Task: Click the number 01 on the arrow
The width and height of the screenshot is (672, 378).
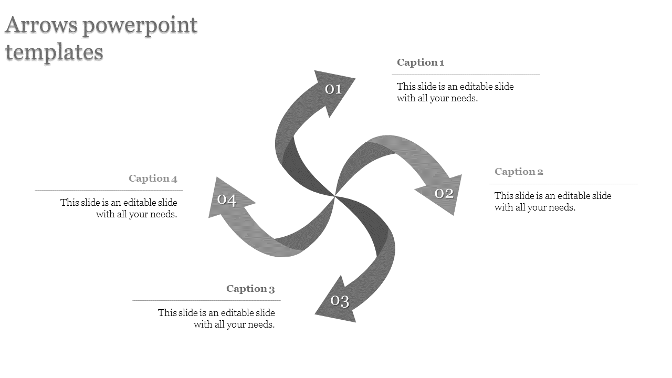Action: (333, 89)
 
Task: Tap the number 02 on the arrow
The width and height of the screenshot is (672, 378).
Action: (444, 194)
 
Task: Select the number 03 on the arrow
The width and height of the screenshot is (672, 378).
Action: (340, 301)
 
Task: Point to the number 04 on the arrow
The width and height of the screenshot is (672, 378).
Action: (227, 200)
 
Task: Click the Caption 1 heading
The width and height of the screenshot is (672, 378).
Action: (421, 62)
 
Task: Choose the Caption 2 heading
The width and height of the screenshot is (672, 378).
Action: (519, 172)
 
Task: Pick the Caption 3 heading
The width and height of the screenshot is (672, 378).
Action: (250, 289)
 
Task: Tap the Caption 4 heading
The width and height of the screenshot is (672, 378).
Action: (153, 178)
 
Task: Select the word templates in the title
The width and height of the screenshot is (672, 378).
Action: (55, 52)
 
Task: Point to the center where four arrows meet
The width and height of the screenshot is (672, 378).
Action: (335, 196)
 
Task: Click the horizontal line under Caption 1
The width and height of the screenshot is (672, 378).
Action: (466, 75)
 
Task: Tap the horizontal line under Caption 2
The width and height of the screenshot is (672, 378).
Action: (563, 184)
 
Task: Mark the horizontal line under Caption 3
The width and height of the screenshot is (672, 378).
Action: (206, 301)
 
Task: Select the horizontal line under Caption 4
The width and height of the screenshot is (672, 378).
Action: (109, 190)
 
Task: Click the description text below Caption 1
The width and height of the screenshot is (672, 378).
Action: (455, 92)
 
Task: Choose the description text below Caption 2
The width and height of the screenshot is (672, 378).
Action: (553, 202)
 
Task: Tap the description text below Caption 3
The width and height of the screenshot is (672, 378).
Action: (216, 319)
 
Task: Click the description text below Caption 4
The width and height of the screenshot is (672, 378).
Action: (119, 208)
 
